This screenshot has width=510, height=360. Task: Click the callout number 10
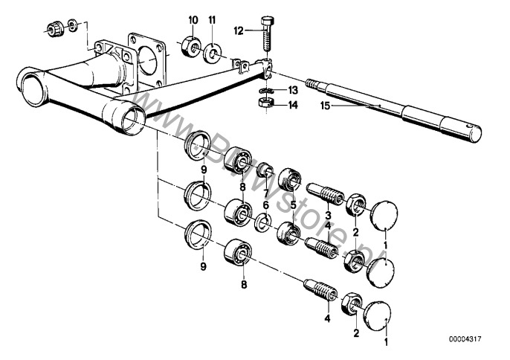point(193,20)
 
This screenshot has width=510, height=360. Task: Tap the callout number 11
point(212,20)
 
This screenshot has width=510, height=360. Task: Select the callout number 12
point(239,31)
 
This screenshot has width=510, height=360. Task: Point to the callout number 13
point(293,90)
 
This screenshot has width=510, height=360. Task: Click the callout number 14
point(293,105)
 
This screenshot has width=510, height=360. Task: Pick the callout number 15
point(325,106)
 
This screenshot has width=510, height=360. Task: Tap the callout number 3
point(328,215)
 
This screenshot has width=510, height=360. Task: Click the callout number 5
point(294,205)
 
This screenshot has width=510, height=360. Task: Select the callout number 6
point(266,205)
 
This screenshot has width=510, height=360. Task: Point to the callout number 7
point(266,194)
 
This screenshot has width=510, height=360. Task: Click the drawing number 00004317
point(465,339)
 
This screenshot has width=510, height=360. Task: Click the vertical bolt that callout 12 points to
point(266,33)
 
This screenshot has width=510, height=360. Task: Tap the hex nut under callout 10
point(190,47)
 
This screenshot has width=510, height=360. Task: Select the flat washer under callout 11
point(213,52)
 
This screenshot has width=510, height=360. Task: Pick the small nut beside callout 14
point(265,103)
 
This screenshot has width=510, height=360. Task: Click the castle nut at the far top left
point(55,29)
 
